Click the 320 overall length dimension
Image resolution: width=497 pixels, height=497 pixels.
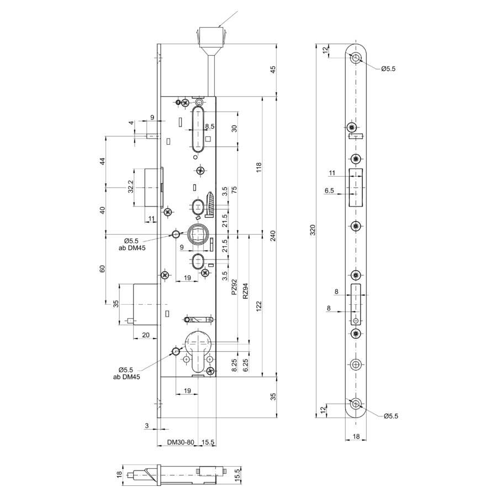[x=313, y=230]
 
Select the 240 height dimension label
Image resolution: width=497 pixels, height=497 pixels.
[x=273, y=235]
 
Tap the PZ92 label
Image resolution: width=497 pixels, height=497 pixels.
[x=234, y=287]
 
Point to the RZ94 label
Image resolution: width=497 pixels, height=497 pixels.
[x=245, y=291]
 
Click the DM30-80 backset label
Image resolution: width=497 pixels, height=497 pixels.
[x=181, y=442]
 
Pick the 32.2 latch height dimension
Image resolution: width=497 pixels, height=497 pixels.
[x=130, y=187]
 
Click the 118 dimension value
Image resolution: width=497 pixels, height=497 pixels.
[x=259, y=167]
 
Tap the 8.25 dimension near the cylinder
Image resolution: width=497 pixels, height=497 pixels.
[x=234, y=366]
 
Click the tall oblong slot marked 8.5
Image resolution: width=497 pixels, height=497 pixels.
[x=198, y=130]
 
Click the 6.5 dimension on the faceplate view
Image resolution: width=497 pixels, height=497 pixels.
[x=329, y=191]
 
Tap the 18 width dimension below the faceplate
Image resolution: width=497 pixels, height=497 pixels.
[x=356, y=436]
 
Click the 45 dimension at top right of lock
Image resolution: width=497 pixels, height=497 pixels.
[x=273, y=69]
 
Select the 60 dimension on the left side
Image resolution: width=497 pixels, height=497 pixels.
[x=102, y=269]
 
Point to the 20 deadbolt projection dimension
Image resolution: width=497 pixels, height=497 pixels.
[x=145, y=335]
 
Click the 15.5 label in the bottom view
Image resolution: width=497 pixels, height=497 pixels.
[x=239, y=474]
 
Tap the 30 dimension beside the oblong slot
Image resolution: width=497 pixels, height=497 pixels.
[x=234, y=129]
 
